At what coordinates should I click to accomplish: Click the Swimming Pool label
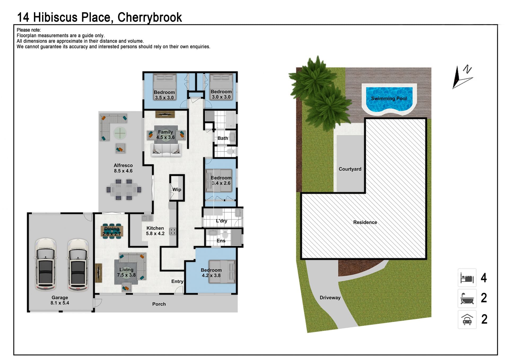389,98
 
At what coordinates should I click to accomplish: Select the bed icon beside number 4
467,277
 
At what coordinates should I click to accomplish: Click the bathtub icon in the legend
467,298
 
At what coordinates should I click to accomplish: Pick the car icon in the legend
467,319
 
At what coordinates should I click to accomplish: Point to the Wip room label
177,189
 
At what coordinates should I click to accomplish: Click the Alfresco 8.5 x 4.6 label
123,168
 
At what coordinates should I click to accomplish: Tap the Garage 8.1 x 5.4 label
60,300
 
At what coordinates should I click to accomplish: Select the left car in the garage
46,264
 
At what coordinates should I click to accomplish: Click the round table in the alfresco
120,133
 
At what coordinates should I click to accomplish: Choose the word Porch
159,304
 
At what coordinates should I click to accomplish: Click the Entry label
177,281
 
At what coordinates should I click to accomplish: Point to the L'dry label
221,221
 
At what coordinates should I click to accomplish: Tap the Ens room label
221,241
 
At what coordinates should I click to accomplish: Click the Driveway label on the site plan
330,298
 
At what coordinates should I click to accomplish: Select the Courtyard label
350,169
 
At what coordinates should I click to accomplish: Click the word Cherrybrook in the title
150,18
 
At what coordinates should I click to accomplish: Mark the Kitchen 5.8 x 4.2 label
155,231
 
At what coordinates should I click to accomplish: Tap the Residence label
365,222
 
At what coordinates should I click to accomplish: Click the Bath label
223,138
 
